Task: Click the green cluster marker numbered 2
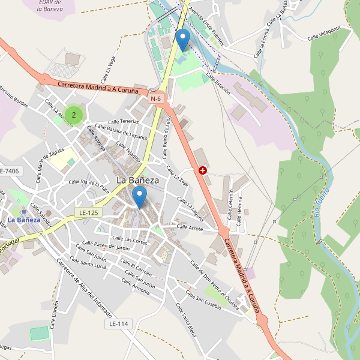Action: pos(74,114)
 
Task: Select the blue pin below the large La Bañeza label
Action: pos(140,197)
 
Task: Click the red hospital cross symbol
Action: pos(203,170)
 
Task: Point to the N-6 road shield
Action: pos(156,98)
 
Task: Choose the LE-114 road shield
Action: pos(118,324)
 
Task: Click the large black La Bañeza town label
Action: pos(137,179)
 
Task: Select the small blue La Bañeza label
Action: pos(24,220)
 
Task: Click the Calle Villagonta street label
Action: pos(324,34)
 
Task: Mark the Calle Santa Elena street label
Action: pos(187,320)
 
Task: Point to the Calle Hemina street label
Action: pos(239,210)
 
